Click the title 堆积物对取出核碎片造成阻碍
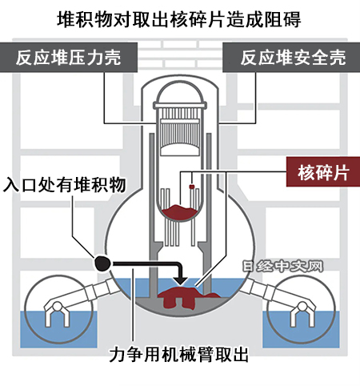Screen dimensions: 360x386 point(179,19)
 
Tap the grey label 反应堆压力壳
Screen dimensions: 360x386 point(69,58)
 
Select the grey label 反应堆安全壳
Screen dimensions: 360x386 point(291,58)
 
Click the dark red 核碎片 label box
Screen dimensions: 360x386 point(323,171)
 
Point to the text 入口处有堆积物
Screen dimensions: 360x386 point(65,184)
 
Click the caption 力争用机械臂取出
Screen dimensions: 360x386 point(179,354)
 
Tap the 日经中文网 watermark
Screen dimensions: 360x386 point(283,266)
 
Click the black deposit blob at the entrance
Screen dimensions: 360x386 point(102,263)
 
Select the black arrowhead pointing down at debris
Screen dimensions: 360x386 point(182,280)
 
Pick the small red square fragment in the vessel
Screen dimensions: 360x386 point(191,187)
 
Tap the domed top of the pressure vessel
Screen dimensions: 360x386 point(180,92)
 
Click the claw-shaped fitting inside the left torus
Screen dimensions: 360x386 point(57,313)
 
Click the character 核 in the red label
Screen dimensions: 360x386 point(306,172)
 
